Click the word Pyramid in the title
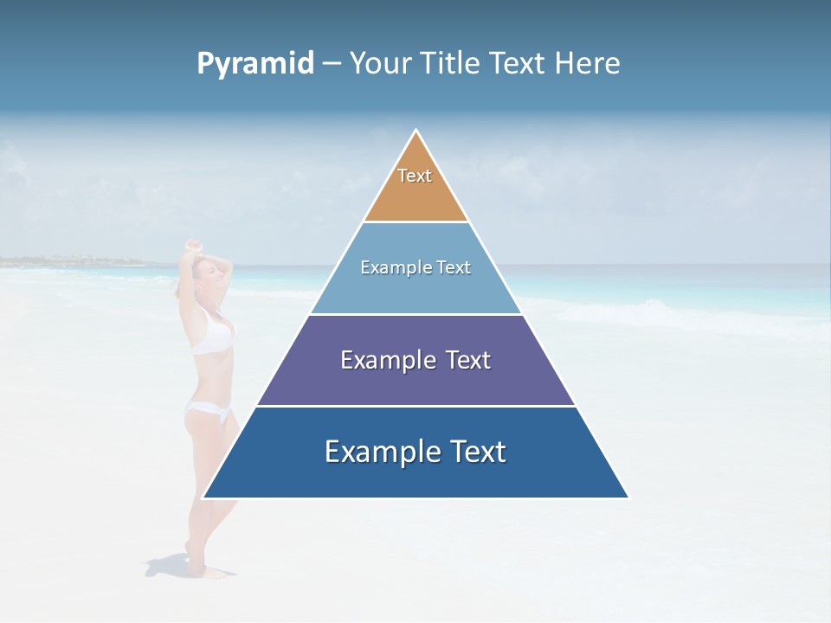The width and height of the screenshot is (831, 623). (x=254, y=64)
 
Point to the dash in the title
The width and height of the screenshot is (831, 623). (x=332, y=64)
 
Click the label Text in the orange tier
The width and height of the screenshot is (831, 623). (x=415, y=176)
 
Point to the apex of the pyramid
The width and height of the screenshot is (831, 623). (x=416, y=132)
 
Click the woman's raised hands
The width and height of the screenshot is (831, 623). (x=195, y=247)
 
